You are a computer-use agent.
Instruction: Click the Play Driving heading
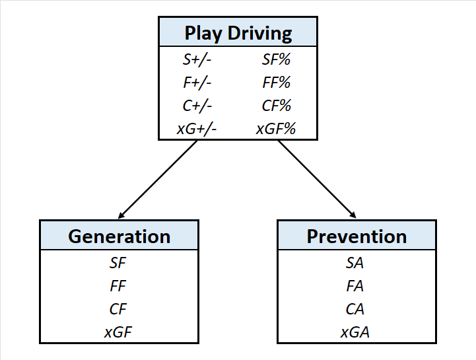click(x=238, y=33)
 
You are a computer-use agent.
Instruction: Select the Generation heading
click(x=119, y=236)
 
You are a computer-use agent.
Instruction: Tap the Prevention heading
click(x=357, y=236)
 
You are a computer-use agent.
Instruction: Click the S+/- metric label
click(x=197, y=59)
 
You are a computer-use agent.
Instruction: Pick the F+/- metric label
click(x=197, y=83)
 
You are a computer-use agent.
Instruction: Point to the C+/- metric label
click(x=197, y=106)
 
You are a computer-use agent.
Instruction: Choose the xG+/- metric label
click(x=197, y=129)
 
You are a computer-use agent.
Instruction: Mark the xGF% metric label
click(x=275, y=129)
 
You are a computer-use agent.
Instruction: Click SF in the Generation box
click(x=118, y=263)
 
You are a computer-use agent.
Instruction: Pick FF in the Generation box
click(x=118, y=286)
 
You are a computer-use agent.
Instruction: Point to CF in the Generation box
click(x=118, y=308)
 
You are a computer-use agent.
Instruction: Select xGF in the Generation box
click(x=118, y=332)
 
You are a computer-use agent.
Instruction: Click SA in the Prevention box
click(x=355, y=263)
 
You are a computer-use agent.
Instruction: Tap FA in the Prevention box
click(x=355, y=286)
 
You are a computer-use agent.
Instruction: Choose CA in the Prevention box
click(x=355, y=308)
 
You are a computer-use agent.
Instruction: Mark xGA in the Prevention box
click(x=355, y=332)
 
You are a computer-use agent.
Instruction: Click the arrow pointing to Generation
click(x=158, y=179)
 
